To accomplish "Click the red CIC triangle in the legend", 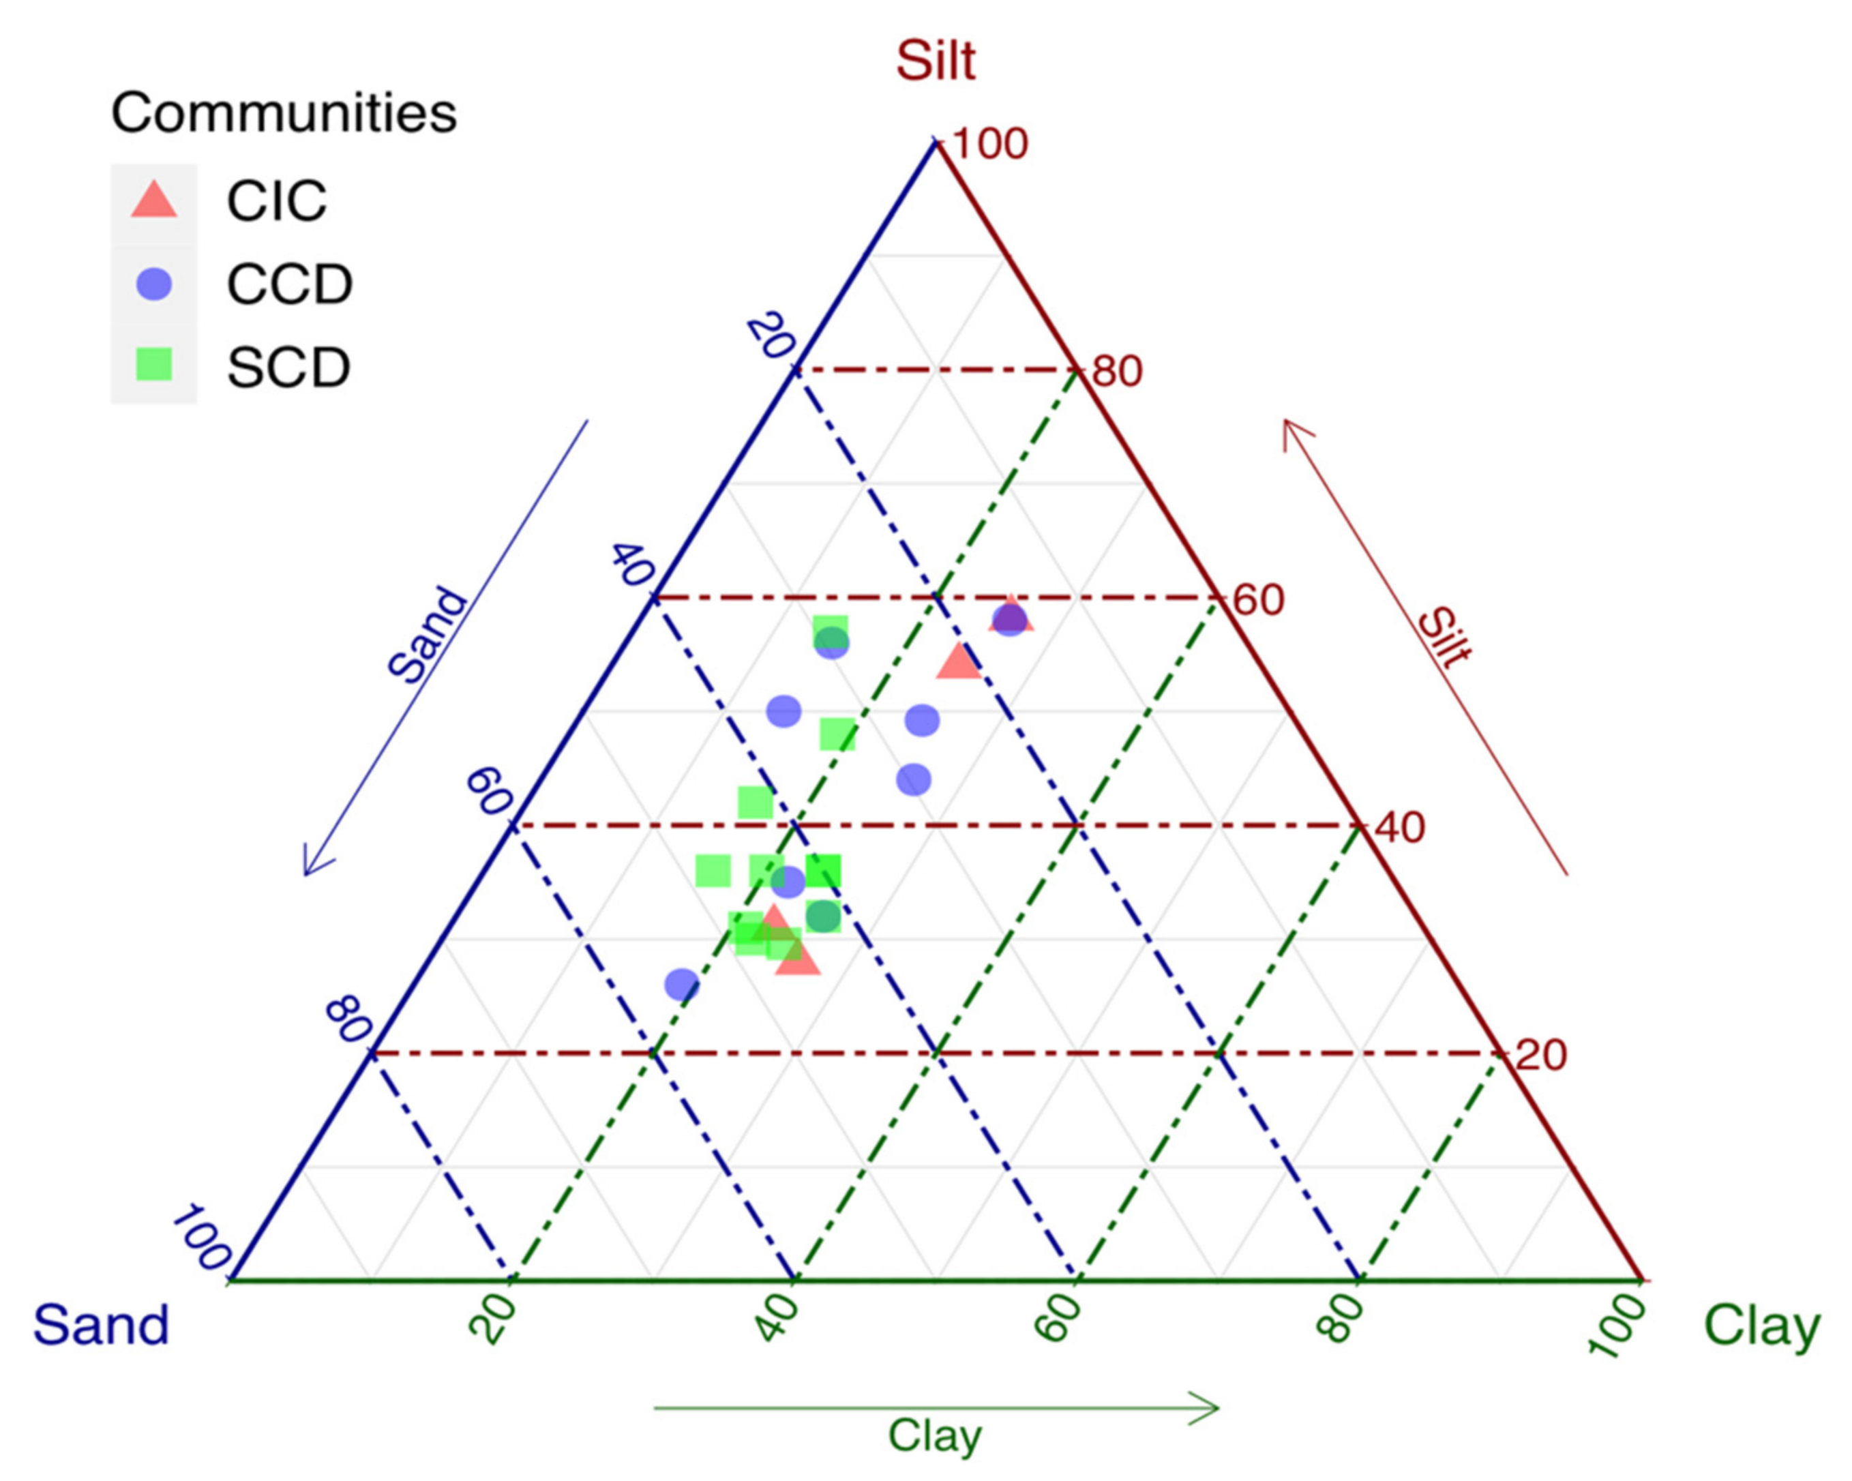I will [153, 200].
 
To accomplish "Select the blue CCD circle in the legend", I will [153, 284].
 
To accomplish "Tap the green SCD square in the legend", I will [153, 364].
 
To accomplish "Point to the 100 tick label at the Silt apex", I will [990, 143].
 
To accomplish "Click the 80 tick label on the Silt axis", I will [1117, 372].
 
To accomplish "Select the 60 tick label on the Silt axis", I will [1259, 599].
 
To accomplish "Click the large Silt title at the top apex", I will [936, 61].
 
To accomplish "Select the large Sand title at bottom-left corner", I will [100, 1325].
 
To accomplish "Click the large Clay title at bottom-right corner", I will [1761, 1325].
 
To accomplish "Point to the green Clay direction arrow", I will [936, 1408].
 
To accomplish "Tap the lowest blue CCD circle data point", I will [682, 985].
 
